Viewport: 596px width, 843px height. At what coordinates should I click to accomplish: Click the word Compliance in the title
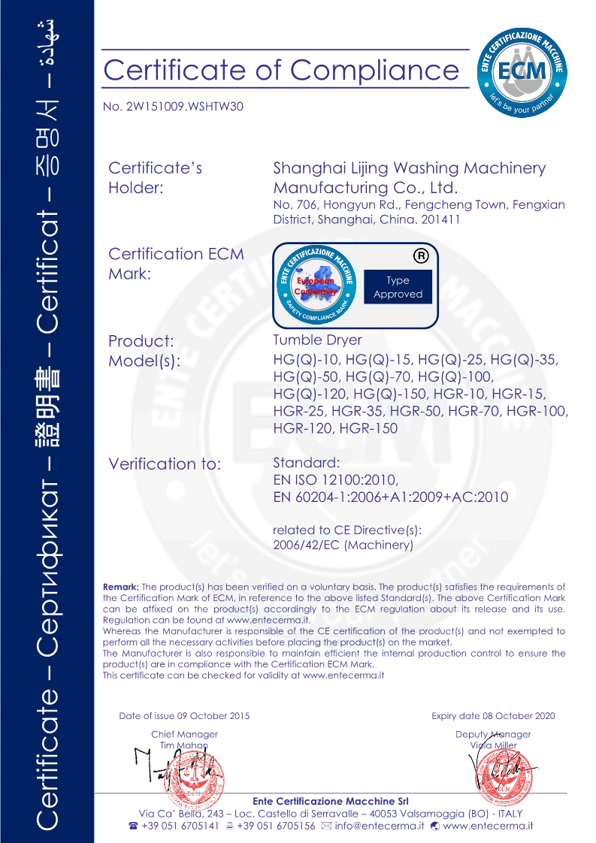374,70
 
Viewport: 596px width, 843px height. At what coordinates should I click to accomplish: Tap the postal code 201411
440,220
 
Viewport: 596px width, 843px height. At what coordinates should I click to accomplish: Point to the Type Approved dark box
398,287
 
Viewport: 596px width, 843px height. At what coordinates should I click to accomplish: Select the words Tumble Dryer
317,340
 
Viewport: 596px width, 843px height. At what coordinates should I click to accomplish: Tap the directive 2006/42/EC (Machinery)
343,545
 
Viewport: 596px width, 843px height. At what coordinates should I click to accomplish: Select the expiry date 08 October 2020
519,716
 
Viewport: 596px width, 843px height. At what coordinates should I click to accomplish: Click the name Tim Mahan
184,745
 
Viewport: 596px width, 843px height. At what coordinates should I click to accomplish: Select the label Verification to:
165,464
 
